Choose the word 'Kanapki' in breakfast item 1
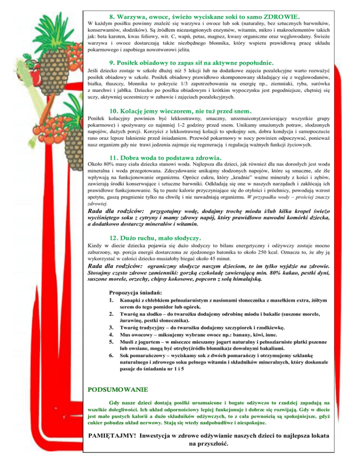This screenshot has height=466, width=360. pyautogui.click(x=132, y=299)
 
